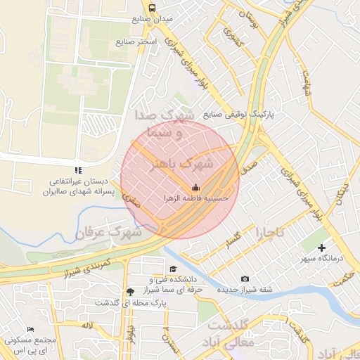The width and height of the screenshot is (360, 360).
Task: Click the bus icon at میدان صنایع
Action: [x=153, y=8]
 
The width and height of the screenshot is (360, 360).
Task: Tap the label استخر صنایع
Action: [x=136, y=43]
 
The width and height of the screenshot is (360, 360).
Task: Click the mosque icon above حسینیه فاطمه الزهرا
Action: [x=195, y=187]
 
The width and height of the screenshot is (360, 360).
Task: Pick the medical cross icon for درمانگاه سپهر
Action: [x=322, y=247]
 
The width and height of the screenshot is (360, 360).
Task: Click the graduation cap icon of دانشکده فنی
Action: [x=173, y=269]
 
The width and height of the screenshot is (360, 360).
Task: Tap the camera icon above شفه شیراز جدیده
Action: [x=244, y=279]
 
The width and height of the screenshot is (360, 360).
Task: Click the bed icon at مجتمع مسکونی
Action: [x=30, y=329]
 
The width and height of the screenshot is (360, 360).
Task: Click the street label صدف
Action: [x=250, y=167]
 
